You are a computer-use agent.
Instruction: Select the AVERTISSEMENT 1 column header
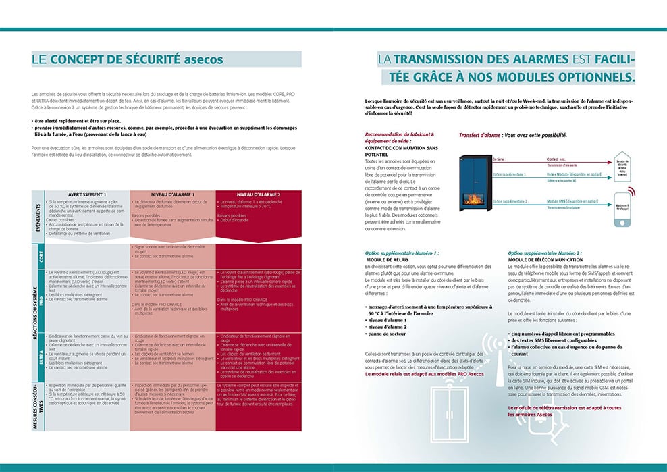point(86,194)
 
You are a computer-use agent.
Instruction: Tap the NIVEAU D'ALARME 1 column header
point(172,194)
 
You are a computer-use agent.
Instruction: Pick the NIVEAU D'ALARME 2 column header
point(258,194)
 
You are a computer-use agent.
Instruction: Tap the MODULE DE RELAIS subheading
point(388,259)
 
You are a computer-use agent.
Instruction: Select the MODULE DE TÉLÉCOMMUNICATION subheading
point(545,259)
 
